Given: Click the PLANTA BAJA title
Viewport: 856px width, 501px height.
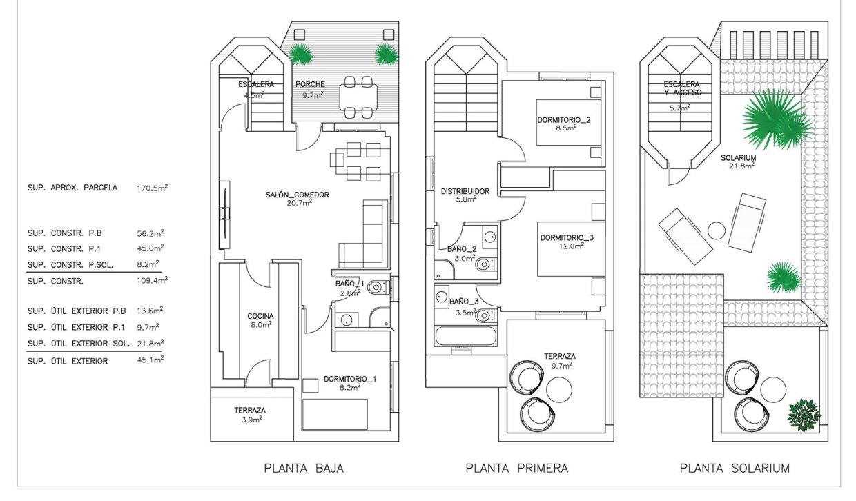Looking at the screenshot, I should pos(304,468).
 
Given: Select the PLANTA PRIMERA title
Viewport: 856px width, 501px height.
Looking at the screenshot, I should pos(517,468).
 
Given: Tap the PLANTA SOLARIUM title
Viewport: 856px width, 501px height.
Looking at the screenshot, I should pos(735,468).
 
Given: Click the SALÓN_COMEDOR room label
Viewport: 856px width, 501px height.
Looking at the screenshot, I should pos(298,195).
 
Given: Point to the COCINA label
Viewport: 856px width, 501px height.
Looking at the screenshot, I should pos(260,316).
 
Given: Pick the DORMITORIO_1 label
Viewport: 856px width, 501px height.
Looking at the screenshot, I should pos(350,379).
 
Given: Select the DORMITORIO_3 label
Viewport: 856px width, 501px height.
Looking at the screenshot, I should pos(567,237).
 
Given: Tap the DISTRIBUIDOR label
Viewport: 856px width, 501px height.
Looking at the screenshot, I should pos(465,191).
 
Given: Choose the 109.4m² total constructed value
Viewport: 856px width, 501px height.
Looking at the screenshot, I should pos(154,280).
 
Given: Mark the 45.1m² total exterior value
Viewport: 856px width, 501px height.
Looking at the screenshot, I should pos(154,360).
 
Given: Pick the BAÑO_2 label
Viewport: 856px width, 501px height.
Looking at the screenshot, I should pos(462,248).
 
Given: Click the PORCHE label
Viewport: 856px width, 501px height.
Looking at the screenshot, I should pos(310,84).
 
